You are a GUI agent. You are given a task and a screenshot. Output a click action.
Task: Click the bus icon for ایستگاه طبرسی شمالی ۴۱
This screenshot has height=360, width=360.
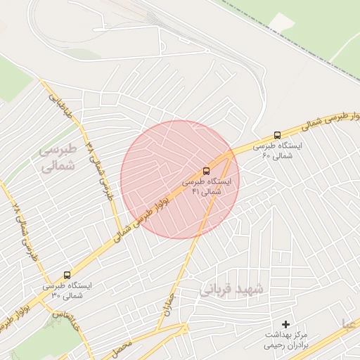click(x=206, y=170)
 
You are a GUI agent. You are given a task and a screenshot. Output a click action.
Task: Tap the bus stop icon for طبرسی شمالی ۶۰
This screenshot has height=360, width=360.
click(x=277, y=135)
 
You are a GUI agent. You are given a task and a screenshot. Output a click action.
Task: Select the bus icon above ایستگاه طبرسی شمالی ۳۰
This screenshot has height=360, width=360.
click(x=67, y=275)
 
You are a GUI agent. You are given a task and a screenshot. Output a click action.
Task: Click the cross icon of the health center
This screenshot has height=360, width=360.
click(x=285, y=323)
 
